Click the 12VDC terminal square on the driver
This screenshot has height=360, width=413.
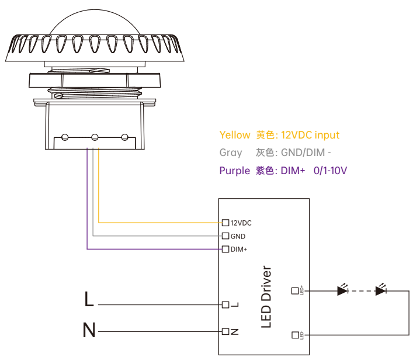225,223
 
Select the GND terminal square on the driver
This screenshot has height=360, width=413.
225,236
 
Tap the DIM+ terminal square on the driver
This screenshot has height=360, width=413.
225,250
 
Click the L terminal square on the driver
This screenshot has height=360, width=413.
225,304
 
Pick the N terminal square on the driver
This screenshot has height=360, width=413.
225,331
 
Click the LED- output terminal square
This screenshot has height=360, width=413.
294,335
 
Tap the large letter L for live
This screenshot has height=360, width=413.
89,300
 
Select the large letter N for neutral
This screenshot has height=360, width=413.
89,331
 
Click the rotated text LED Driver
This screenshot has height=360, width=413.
266,297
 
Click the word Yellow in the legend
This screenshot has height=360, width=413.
234,135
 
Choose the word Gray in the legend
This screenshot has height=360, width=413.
231,153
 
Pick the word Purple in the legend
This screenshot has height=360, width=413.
234,171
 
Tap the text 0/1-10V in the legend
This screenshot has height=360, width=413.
331,171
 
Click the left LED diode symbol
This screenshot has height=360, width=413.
342,290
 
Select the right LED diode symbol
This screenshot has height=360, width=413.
381,290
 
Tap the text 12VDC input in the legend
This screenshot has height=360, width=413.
310,135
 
